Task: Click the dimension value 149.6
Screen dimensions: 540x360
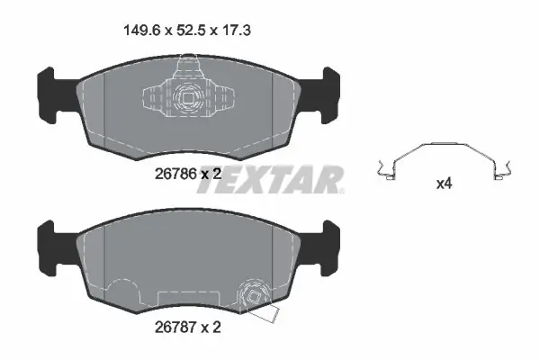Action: click(x=142, y=31)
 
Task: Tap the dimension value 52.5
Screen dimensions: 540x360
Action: click(x=191, y=31)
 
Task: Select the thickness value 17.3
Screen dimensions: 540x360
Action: click(x=237, y=31)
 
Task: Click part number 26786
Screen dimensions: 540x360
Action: click(x=175, y=174)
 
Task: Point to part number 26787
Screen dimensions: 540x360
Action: click(x=175, y=328)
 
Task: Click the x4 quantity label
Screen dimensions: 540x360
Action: click(x=444, y=184)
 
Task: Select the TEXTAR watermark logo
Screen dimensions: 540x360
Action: click(x=270, y=179)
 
